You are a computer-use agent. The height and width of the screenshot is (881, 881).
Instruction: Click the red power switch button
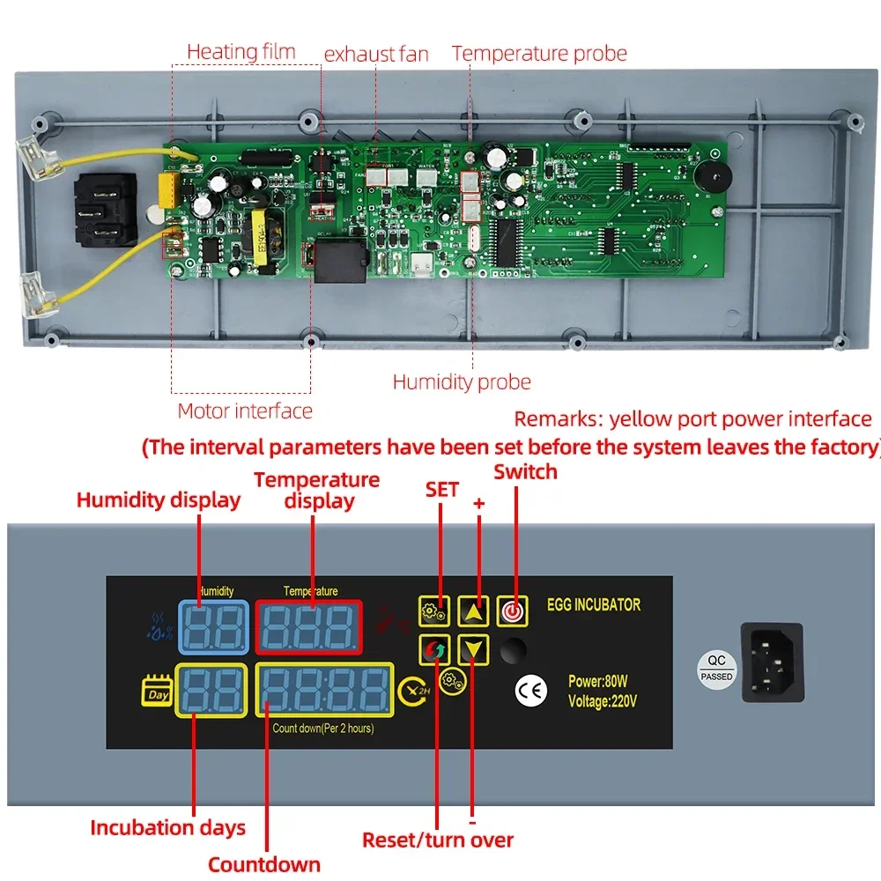coord(512,610)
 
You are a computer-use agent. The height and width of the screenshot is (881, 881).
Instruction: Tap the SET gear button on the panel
coord(434,610)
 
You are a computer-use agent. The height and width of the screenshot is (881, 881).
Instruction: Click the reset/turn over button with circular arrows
coord(434,651)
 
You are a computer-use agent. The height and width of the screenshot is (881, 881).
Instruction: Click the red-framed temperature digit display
coord(308,626)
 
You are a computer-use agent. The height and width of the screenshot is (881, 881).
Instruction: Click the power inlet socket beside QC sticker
coord(773,662)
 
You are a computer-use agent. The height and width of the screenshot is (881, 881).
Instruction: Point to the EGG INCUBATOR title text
coord(593,605)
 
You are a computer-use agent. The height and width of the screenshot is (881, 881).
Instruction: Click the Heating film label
coord(241,52)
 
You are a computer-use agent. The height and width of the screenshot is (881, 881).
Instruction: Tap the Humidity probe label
coord(462,381)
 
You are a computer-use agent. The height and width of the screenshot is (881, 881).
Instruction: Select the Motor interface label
coord(245,411)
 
